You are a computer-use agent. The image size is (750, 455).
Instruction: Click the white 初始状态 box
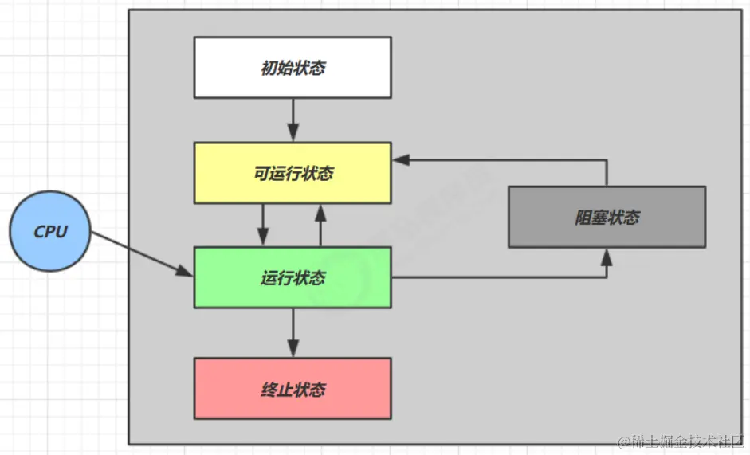293,68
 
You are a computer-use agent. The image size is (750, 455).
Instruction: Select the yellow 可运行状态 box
293,173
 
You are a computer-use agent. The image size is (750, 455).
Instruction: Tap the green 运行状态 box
293,277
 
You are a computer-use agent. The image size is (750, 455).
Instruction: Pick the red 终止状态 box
293,389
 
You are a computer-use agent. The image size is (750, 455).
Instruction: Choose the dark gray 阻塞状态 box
607,217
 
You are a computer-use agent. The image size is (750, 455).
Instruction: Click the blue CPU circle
50,232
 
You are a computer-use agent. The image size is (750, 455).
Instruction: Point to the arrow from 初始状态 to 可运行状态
293,119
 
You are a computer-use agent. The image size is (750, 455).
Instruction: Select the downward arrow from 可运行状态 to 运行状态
263,225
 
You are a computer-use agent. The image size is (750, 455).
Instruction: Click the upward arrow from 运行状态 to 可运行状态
320,225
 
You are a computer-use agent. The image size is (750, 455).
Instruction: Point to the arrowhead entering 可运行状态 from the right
401,159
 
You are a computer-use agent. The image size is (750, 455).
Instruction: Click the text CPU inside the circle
50,232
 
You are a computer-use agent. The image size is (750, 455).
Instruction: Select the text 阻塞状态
607,218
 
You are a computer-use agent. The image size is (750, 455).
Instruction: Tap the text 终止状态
293,390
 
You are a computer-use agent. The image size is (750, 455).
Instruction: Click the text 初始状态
293,68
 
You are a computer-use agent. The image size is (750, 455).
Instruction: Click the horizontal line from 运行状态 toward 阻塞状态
494,277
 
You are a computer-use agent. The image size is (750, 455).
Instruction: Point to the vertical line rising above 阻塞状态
607,172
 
